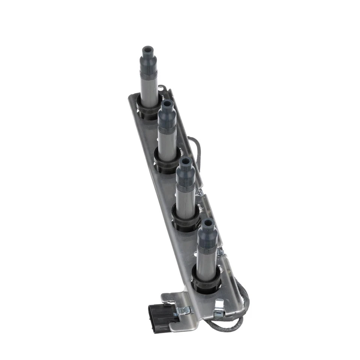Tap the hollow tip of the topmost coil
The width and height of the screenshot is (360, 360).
click(147, 49)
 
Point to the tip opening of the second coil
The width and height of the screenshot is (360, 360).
click(167, 103)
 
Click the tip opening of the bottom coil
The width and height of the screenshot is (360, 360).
click(208, 222)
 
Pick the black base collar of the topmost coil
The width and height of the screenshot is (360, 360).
click(148, 108)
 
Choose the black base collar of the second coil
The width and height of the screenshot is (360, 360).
click(166, 162)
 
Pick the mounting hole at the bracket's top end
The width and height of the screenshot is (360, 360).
click(161, 88)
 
